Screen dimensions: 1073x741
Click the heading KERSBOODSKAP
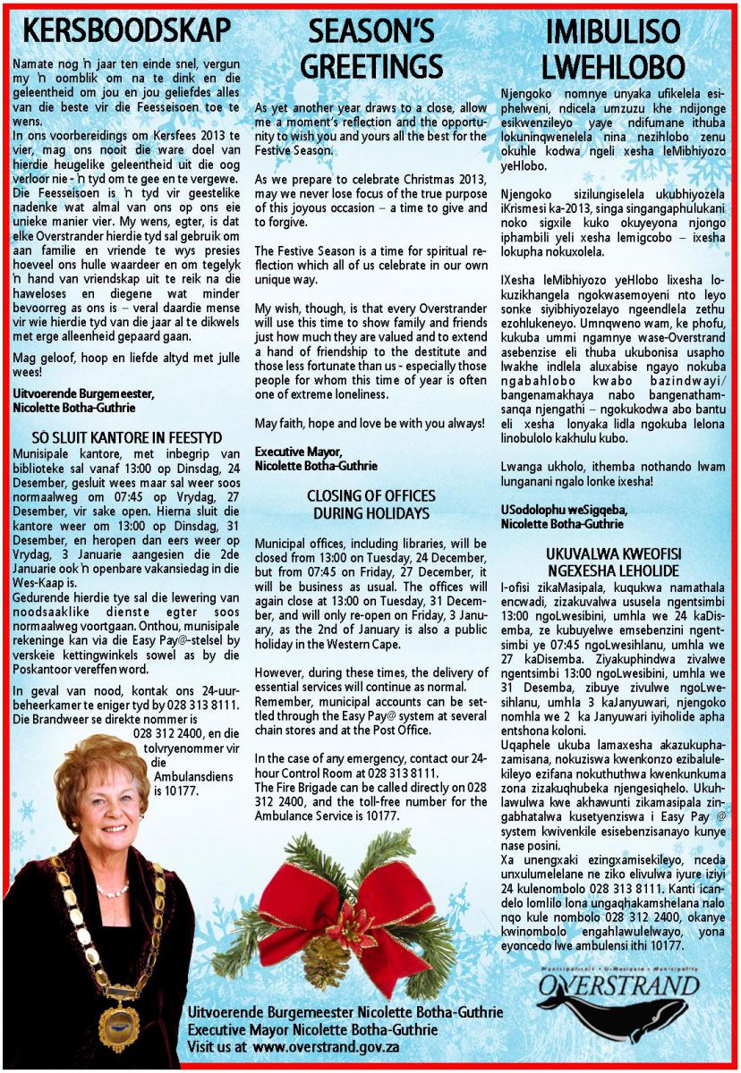click(x=126, y=30)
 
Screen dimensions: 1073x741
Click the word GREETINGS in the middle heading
click(x=370, y=65)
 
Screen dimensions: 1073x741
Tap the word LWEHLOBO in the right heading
click(x=613, y=65)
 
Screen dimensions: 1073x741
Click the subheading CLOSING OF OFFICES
click(x=370, y=495)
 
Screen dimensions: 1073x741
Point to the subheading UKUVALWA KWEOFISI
click(x=612, y=553)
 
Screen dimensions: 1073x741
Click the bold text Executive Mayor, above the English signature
click(x=298, y=451)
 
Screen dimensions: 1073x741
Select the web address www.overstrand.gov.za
click(x=326, y=1047)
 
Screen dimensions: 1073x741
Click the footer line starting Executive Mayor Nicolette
click(x=312, y=1029)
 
